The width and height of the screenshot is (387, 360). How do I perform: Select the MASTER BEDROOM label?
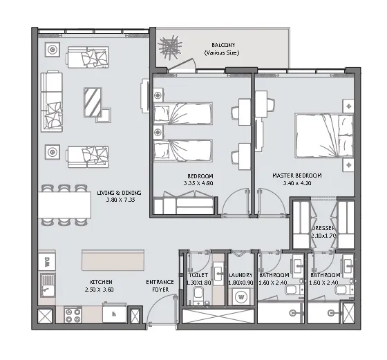pos(298,176)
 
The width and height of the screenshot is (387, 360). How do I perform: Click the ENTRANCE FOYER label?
pos(159,286)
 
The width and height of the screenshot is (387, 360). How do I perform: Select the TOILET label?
pos(198,275)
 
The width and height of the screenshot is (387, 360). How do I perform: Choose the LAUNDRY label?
pos(240,275)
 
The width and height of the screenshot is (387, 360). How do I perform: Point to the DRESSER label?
pos(323,228)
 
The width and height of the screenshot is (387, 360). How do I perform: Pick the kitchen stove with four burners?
pos(74,315)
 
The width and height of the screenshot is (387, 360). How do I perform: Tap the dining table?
pos(65,204)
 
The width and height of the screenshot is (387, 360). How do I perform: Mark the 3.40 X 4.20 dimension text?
pos(298,184)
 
